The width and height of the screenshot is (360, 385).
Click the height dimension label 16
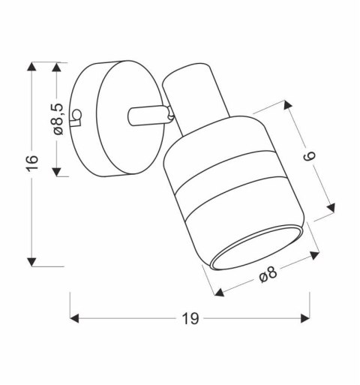coord(31,164)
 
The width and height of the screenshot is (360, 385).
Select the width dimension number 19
coord(190,318)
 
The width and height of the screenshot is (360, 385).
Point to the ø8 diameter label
coord(268,275)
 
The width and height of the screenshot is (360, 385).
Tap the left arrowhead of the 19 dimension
coord(76,318)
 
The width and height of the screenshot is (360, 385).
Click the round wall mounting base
coord(105,120)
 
